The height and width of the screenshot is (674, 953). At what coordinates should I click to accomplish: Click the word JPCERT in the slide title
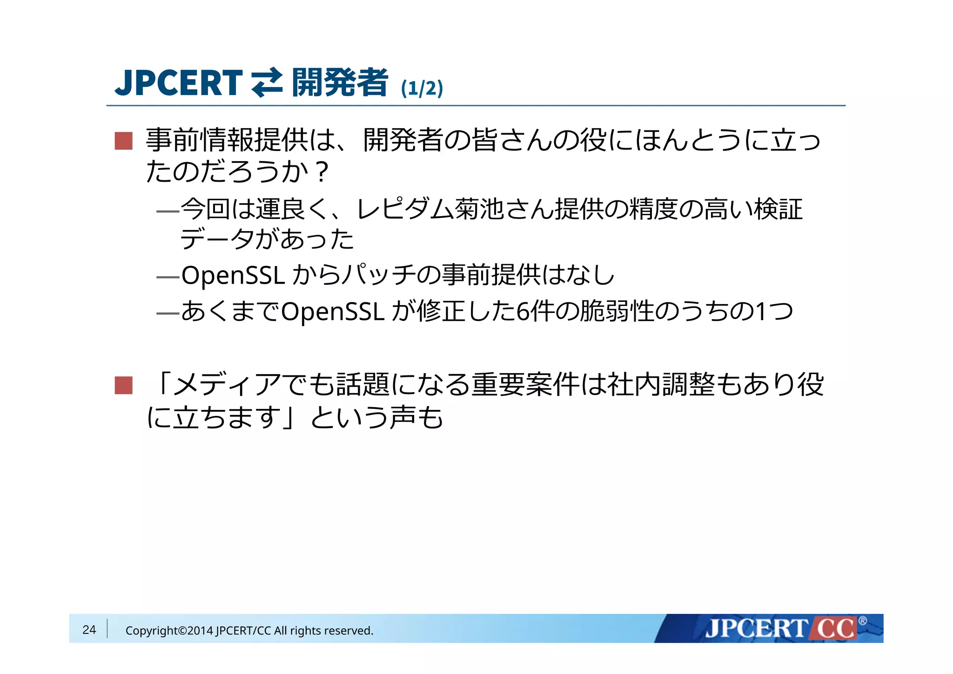click(x=179, y=83)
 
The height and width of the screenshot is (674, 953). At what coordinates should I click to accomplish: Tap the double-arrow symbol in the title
click(x=267, y=83)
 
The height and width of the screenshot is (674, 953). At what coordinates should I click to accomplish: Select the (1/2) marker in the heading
click(x=422, y=88)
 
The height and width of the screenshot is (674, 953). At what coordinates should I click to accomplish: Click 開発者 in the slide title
click(x=340, y=83)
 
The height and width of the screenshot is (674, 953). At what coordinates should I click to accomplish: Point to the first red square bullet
click(x=124, y=141)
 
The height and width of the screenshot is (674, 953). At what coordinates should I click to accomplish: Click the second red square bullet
click(x=124, y=385)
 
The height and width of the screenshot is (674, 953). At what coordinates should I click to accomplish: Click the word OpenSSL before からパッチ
click(x=233, y=275)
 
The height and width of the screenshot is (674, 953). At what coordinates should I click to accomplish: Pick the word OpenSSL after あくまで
click(x=333, y=312)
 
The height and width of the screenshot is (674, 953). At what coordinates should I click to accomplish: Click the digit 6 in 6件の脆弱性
click(x=523, y=312)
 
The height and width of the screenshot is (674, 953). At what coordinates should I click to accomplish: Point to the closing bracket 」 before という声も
click(x=292, y=417)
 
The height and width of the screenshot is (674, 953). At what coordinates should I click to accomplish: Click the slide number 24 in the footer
click(x=89, y=630)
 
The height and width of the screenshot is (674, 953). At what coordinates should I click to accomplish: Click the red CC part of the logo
click(x=836, y=628)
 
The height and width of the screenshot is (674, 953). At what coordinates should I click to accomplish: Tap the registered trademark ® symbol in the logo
click(x=862, y=620)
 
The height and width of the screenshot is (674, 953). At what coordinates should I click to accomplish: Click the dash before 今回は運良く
click(x=168, y=211)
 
